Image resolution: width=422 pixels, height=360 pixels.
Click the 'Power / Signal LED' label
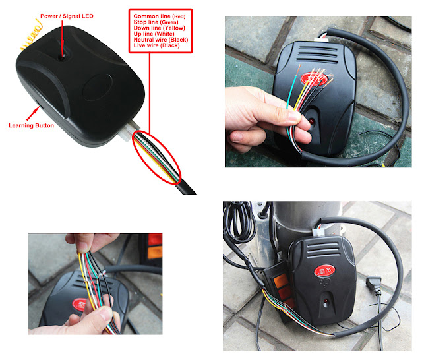click(x=67, y=16)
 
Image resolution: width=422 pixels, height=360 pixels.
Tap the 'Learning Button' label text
click(x=31, y=125)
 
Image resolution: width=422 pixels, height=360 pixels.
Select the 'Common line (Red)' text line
click(x=160, y=16)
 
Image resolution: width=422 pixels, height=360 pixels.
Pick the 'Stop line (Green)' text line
click(x=156, y=22)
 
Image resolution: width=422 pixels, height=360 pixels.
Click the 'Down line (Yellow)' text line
click(x=160, y=28)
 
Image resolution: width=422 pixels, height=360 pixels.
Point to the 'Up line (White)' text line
click(x=154, y=34)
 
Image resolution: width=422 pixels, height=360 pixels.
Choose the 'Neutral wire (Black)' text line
click(x=161, y=40)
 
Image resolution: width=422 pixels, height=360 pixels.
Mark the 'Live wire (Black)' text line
click(x=157, y=45)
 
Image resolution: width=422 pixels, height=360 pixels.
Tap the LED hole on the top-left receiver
click(x=63, y=57)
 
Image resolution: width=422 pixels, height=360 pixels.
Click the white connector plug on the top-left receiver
click(x=130, y=131)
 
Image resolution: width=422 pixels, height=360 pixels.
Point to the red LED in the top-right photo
click(x=312, y=121)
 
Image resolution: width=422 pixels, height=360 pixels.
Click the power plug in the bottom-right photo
click(x=375, y=285)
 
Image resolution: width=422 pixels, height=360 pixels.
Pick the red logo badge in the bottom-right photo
click(x=324, y=271)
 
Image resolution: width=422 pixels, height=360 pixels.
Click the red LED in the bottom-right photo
click(x=326, y=301)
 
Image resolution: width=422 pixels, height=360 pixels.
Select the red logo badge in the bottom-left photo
click(x=80, y=305)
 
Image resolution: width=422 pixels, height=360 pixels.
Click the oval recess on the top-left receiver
click(x=98, y=87)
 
